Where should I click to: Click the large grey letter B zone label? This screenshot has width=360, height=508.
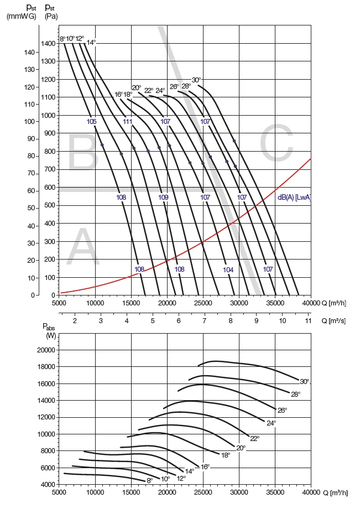point(82,153)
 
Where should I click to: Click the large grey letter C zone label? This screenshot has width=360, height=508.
point(276,145)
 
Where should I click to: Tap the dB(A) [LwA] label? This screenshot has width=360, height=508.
point(294,197)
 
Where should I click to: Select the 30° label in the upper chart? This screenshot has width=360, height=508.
point(196,80)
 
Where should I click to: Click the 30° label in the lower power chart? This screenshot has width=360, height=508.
point(304,382)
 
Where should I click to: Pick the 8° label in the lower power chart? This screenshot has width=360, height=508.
point(149,481)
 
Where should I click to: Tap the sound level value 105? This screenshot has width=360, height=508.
point(92,122)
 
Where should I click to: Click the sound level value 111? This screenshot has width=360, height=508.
point(128,122)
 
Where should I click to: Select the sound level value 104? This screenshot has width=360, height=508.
point(228,269)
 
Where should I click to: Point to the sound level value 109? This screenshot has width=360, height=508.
point(163,198)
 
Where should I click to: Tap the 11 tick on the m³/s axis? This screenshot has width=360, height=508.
point(308,320)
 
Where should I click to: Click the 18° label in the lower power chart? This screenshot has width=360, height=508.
point(226,455)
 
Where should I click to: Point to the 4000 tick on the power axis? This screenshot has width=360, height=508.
point(48,485)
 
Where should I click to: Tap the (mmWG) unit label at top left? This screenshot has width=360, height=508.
point(21,16)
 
